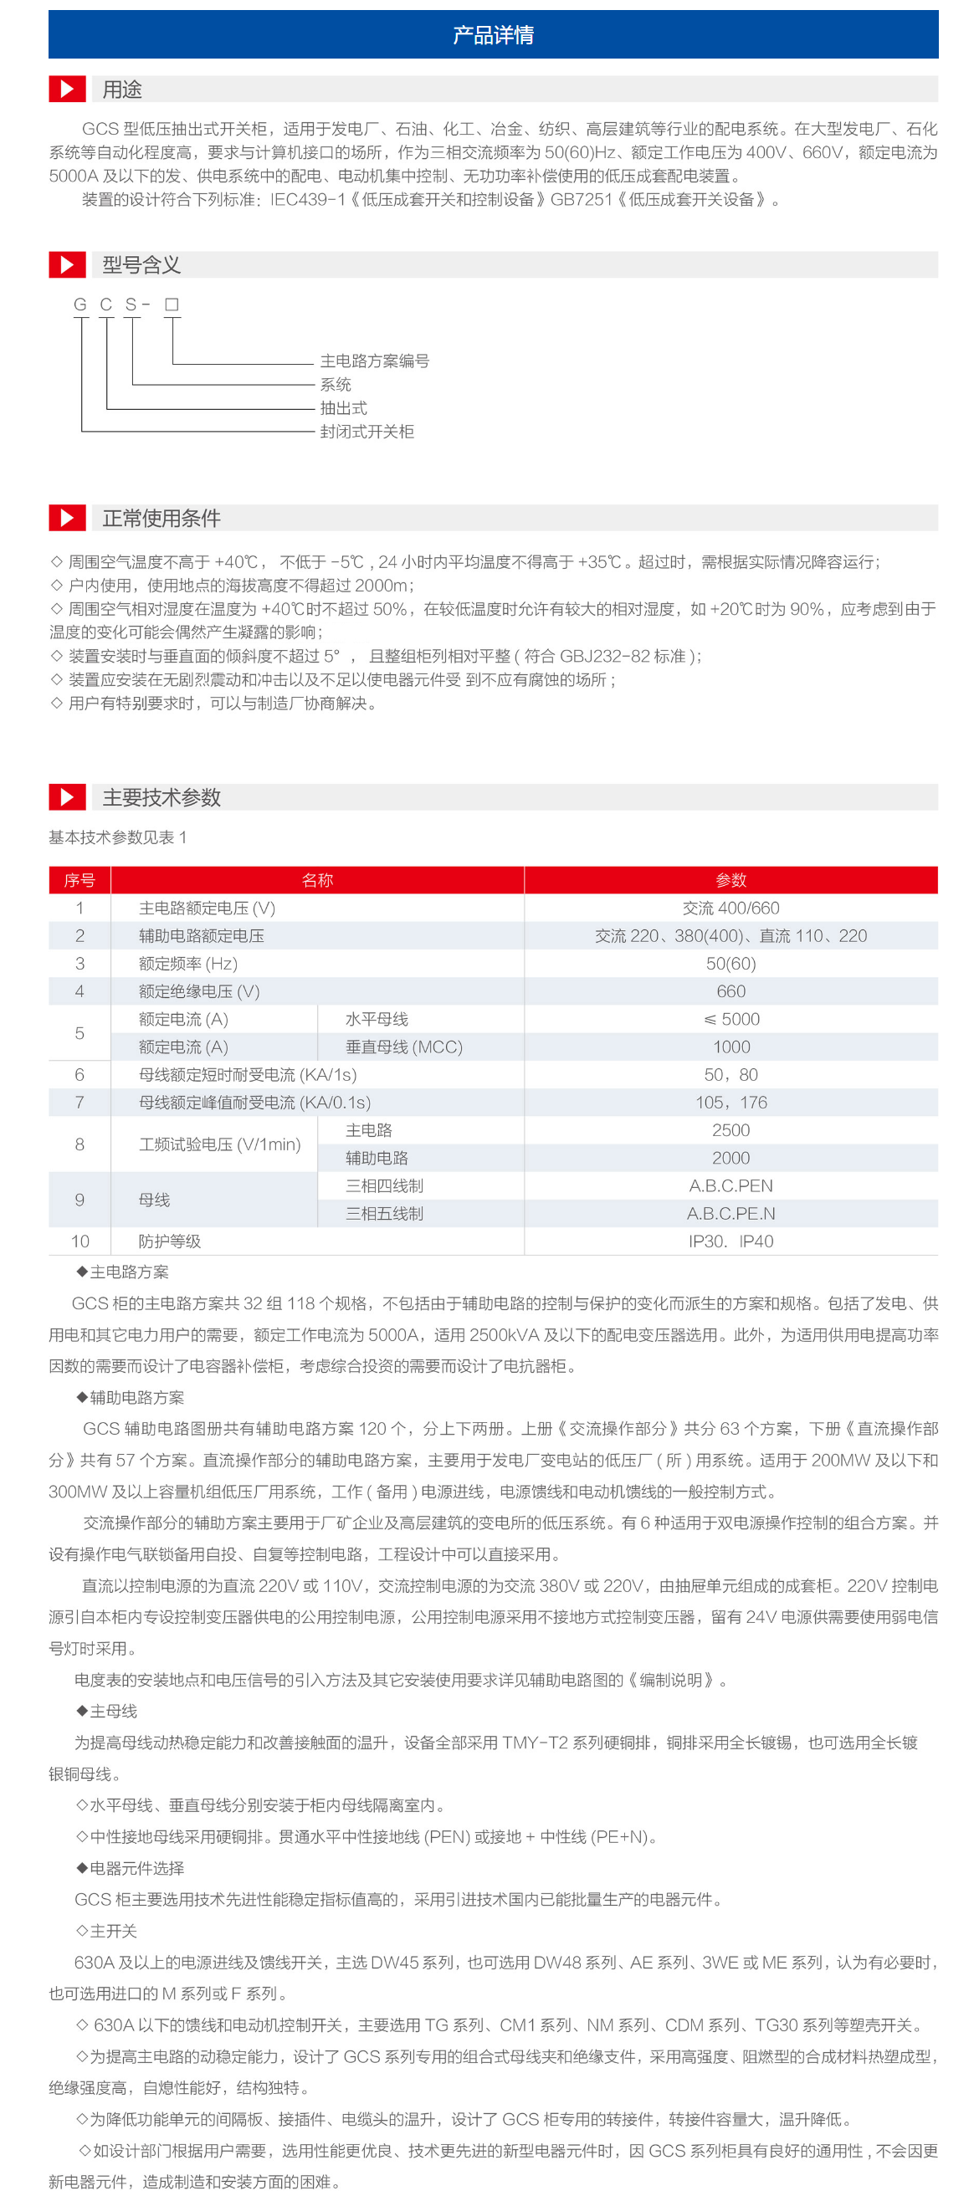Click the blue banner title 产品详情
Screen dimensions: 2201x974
[x=493, y=35]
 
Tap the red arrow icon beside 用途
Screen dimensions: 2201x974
[x=67, y=89]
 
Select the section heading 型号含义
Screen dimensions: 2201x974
[x=141, y=265]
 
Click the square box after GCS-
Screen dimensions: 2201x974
[x=172, y=305]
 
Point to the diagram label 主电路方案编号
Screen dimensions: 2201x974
[x=374, y=361]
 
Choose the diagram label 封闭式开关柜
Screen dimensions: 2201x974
[x=367, y=432]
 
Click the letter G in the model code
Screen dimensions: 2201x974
[x=80, y=305]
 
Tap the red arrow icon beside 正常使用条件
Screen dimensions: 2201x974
[x=67, y=518]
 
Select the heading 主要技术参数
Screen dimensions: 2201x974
[x=161, y=797]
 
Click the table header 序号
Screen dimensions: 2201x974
[x=79, y=880]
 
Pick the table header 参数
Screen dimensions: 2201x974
[x=730, y=880]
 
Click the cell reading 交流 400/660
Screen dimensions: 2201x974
[x=730, y=909]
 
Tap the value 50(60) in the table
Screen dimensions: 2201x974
[x=730, y=964]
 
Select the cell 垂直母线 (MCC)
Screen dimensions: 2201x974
[x=403, y=1047]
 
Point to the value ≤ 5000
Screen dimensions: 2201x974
[x=730, y=1019]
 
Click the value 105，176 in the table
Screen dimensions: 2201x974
[x=730, y=1103]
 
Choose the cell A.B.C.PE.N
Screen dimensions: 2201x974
[x=730, y=1213]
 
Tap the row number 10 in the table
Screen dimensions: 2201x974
[x=79, y=1241]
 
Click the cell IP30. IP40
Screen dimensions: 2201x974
[x=730, y=1241]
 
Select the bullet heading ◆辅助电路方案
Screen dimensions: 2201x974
[x=130, y=1398]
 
